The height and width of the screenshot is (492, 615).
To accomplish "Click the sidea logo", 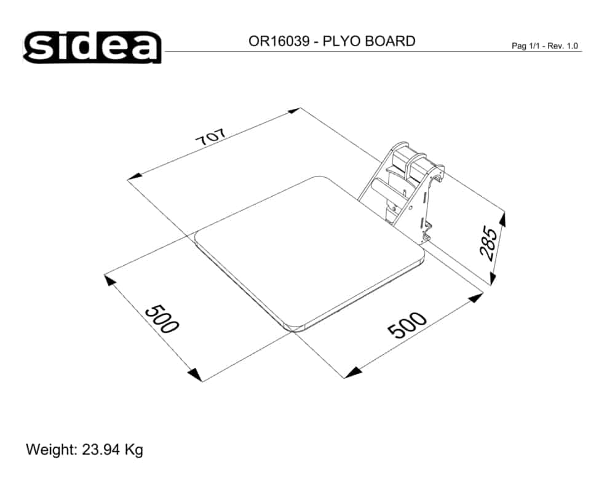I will tap(92, 47).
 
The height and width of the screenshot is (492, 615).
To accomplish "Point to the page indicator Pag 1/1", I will tap(525, 47).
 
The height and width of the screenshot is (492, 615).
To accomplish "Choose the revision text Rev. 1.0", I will tap(562, 47).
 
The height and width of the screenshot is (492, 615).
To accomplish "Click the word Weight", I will tap(50, 450).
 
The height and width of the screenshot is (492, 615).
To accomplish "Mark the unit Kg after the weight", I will tap(133, 450).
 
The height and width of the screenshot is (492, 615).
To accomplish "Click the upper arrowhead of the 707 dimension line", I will tap(294, 111).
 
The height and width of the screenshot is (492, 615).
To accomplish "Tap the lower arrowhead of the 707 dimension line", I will tap(134, 178).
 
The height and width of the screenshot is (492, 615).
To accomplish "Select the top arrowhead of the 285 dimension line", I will tap(502, 219).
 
